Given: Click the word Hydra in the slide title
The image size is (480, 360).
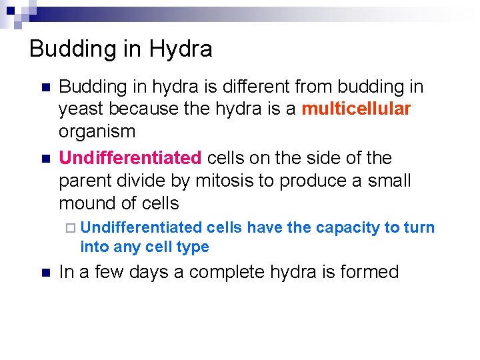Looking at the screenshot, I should coord(181,49).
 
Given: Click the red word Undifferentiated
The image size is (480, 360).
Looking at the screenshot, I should coord(130,158).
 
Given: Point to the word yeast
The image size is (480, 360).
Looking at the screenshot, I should coord(80,109).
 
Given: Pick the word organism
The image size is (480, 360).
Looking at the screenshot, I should coord(97,131).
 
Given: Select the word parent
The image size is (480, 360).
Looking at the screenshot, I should coord(82,181).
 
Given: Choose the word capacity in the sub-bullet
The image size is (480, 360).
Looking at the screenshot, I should coord(347,228).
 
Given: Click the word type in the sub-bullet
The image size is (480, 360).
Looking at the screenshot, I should coord(193,247).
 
